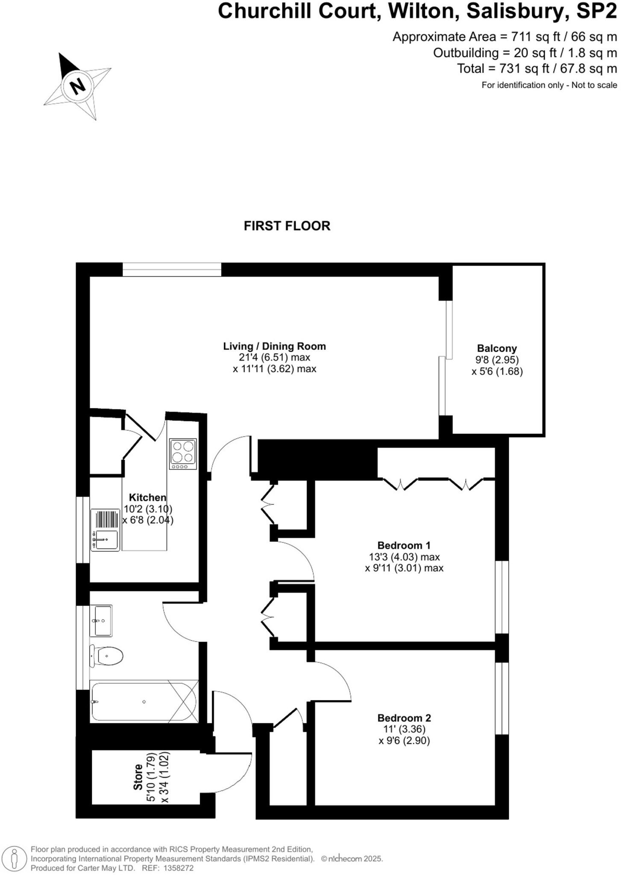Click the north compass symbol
[x=78, y=85]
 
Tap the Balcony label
[x=497, y=348]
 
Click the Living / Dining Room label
[x=274, y=346]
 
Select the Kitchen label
[x=147, y=497]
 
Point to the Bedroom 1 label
[x=404, y=545]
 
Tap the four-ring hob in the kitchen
[x=183, y=454]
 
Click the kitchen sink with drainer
[x=105, y=529]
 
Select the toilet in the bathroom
[x=106, y=655]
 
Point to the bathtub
[x=144, y=702]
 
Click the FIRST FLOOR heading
[x=287, y=226]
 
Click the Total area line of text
[x=537, y=68]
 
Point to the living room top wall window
[x=172, y=270]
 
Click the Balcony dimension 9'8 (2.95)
[x=497, y=360]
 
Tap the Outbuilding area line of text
[x=525, y=53]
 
